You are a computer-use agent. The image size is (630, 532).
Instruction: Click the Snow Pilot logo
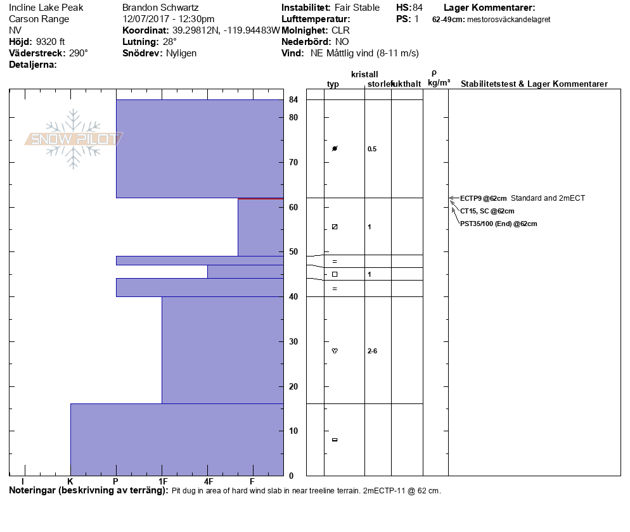tap(74, 139)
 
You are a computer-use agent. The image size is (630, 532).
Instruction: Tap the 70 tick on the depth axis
tap(293, 163)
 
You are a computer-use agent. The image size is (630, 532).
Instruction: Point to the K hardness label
tap(70, 482)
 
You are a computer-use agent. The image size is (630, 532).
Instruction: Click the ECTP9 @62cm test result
tap(484, 198)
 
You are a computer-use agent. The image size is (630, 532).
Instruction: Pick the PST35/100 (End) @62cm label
tap(498, 224)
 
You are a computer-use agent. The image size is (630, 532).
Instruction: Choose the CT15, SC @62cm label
tap(487, 211)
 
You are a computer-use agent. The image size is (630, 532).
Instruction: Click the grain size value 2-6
tap(373, 351)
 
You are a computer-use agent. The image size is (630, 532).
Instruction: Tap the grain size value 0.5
tap(372, 149)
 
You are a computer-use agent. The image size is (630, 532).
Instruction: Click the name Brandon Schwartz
tap(160, 8)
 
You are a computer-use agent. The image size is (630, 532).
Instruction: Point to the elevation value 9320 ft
tap(49, 42)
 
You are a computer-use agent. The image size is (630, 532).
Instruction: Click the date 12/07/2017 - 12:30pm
tap(168, 19)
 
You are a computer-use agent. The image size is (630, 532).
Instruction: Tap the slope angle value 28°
tap(170, 42)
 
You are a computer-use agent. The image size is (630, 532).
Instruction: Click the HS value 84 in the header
tap(417, 8)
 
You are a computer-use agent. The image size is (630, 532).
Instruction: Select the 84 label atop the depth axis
tap(293, 99)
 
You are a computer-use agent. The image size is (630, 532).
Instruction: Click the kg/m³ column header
tap(439, 83)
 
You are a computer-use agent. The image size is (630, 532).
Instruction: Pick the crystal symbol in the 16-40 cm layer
tap(335, 351)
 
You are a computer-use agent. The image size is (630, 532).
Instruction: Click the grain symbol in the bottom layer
tap(335, 440)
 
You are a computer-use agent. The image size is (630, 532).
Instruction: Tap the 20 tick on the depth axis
tap(293, 386)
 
